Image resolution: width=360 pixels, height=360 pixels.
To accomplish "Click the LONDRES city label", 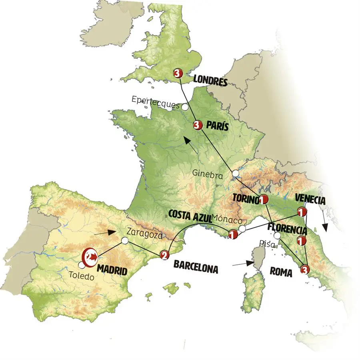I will (210, 81).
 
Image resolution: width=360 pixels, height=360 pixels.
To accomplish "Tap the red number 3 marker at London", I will (178, 73).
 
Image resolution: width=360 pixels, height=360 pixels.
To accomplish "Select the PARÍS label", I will (218, 126).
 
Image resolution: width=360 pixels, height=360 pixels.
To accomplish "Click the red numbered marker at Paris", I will (196, 125).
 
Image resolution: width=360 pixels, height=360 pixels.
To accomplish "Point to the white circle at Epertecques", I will (185, 107).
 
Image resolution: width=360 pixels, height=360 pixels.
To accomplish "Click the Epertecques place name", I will (155, 100).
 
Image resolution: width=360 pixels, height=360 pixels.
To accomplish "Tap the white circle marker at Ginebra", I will (236, 174).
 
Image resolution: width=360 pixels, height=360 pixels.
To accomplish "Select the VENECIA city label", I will (310, 199).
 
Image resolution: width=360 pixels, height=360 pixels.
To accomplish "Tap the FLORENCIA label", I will (288, 230).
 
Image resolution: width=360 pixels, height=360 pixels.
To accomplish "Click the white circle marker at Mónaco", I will (242, 229).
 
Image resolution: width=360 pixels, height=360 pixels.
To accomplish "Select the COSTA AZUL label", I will (190, 215).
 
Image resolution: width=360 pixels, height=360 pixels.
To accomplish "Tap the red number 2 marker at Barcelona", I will (163, 255).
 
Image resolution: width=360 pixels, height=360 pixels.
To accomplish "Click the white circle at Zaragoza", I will (125, 241).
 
